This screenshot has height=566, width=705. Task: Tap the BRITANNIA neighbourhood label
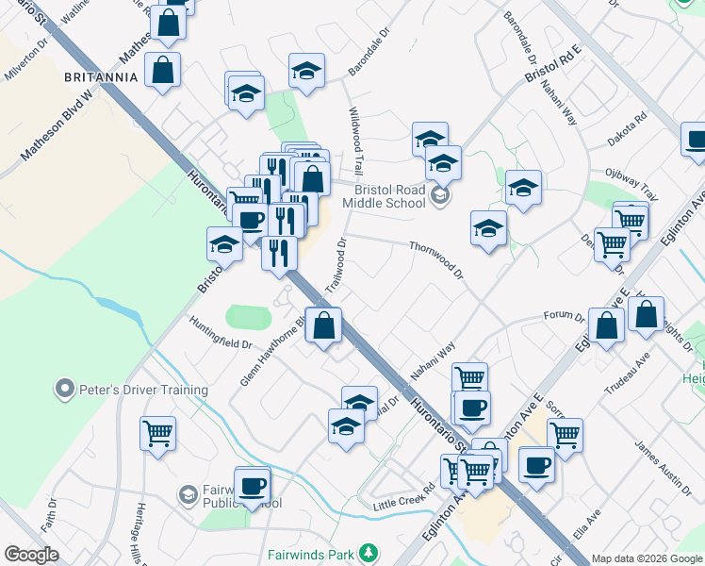click(x=94, y=75)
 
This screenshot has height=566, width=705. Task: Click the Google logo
click(x=31, y=555)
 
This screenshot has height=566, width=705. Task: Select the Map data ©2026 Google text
click(x=646, y=558)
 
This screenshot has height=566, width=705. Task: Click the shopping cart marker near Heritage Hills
click(x=158, y=434)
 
